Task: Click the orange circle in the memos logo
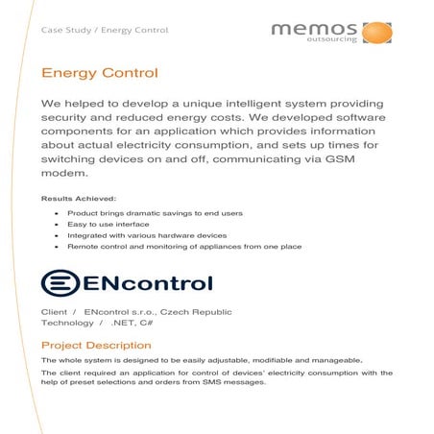pos(377,32)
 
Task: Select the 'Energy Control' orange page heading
pos(99,73)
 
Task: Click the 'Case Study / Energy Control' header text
pos(105,30)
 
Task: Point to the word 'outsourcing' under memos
pos(338,41)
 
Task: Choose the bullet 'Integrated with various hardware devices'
pos(146,234)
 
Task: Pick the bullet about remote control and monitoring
pos(184,247)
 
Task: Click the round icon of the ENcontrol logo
pos(60,282)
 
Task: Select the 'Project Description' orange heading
pos(96,345)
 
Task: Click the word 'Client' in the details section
pos(55,312)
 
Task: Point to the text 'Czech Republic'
pos(200,312)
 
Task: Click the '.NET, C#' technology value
pos(131,324)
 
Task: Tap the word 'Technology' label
pos(67,324)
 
